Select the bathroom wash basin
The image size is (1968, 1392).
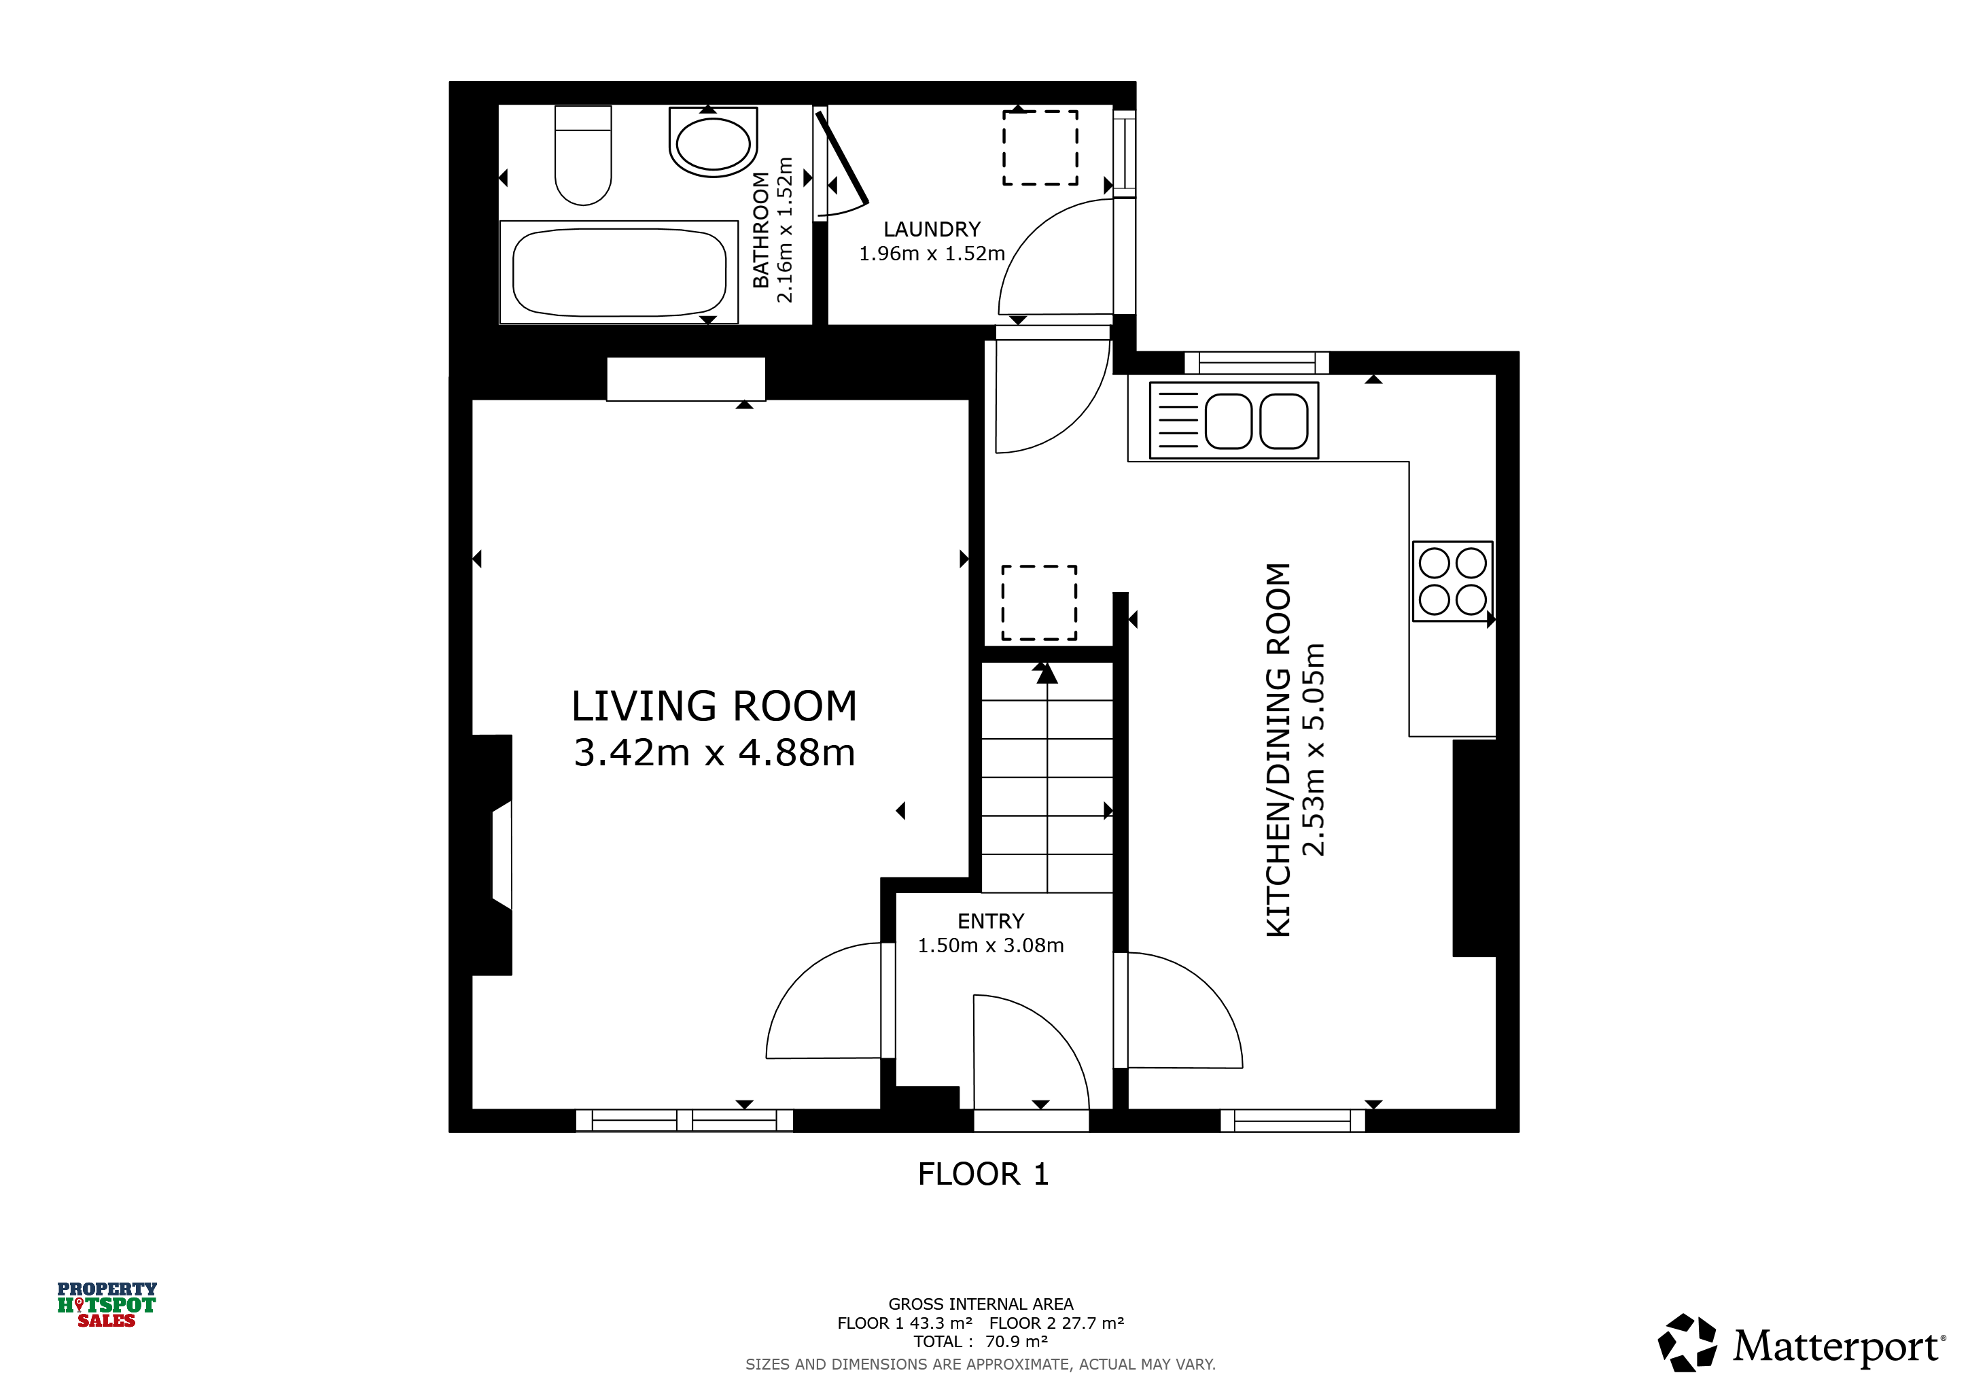click(713, 141)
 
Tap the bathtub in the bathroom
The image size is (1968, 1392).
click(619, 273)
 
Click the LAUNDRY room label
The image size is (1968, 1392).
click(932, 230)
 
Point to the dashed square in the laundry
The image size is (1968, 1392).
click(1040, 147)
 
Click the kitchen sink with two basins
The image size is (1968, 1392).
click(1233, 420)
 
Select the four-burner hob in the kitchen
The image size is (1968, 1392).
click(1453, 581)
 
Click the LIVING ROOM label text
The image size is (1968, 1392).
click(714, 706)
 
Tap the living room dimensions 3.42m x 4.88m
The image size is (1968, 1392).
click(714, 752)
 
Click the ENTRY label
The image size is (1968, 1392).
click(991, 922)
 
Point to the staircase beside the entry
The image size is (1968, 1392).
click(1047, 778)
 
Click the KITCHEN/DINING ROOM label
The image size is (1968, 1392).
click(1278, 750)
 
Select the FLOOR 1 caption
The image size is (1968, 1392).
click(983, 1174)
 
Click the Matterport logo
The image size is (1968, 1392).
click(1801, 1344)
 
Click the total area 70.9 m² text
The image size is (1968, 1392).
click(981, 1342)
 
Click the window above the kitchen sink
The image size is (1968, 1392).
click(1257, 362)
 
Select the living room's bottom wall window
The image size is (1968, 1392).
click(684, 1120)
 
